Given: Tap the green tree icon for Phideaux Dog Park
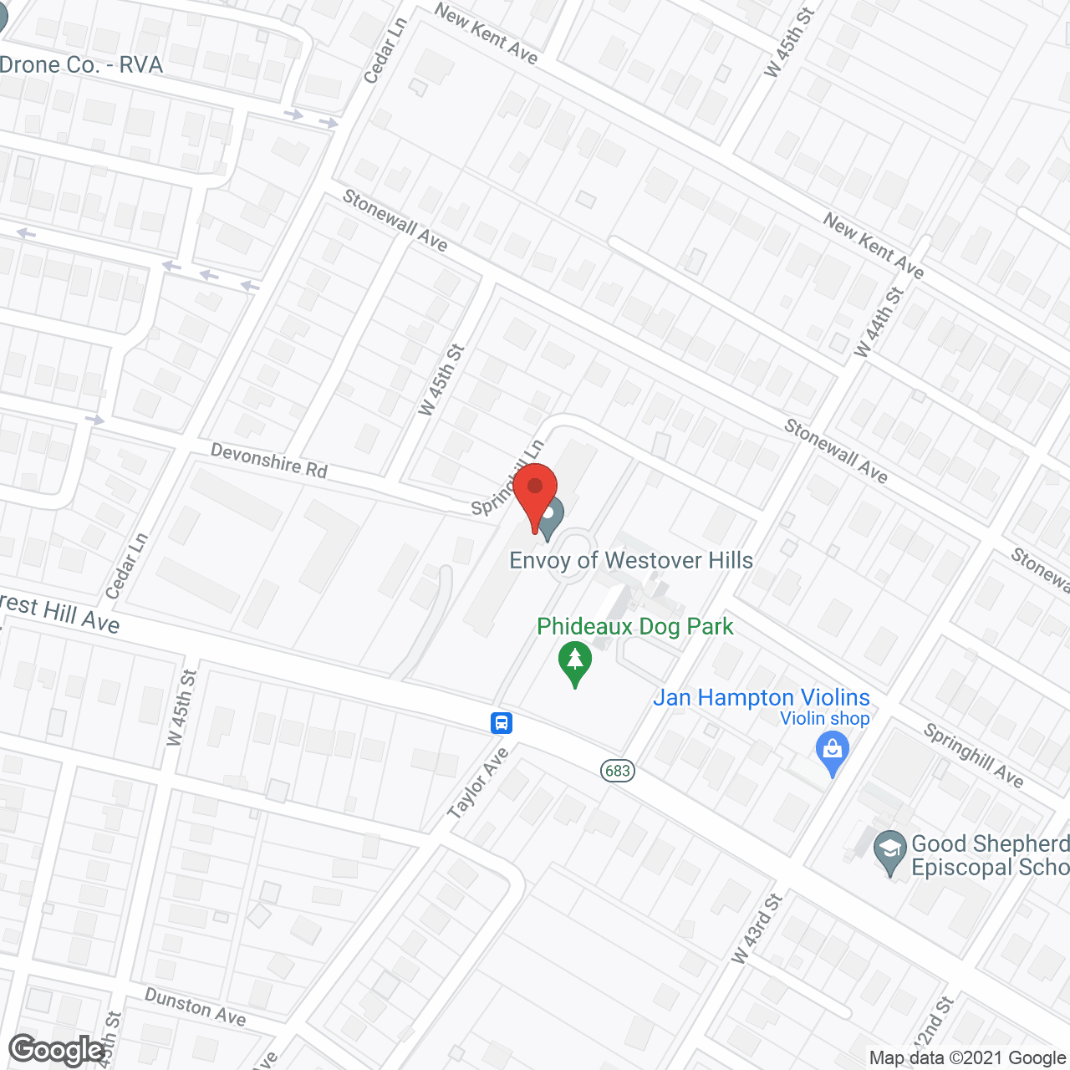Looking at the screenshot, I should pyautogui.click(x=575, y=662).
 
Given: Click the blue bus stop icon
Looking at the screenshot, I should pyautogui.click(x=502, y=722).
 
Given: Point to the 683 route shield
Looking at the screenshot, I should pyautogui.click(x=618, y=770).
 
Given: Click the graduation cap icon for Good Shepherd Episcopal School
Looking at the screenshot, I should pyautogui.click(x=889, y=853).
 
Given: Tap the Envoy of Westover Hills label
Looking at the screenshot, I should pyautogui.click(x=631, y=560).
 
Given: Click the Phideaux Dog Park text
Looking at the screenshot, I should pyautogui.click(x=635, y=626).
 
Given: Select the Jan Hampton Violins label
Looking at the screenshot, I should pyautogui.click(x=762, y=697).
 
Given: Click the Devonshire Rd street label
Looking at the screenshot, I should pyautogui.click(x=268, y=461).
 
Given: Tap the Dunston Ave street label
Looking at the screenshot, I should pyautogui.click(x=196, y=1006).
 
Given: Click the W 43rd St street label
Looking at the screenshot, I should pyautogui.click(x=757, y=928).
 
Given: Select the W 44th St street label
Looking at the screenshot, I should pyautogui.click(x=879, y=323).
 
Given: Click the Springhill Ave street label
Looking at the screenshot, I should pyautogui.click(x=973, y=756).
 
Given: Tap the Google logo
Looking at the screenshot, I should pyautogui.click(x=57, y=1050).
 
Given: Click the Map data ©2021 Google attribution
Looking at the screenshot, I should pyautogui.click(x=967, y=1058).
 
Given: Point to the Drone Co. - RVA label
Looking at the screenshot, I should pyautogui.click(x=82, y=65).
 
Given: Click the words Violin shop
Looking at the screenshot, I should pyautogui.click(x=824, y=719).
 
